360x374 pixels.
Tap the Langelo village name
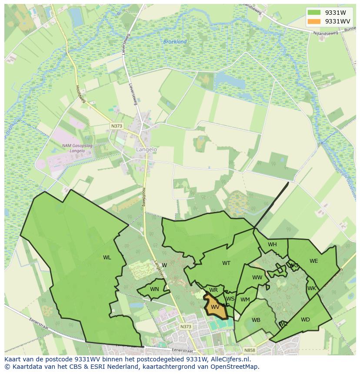(146, 149)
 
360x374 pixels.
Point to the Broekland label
(175, 42)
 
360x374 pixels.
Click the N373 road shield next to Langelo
(117, 126)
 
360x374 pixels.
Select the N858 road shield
(250, 350)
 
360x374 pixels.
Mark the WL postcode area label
(107, 258)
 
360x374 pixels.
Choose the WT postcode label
(226, 263)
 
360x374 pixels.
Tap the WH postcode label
(272, 245)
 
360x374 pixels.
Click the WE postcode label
(313, 261)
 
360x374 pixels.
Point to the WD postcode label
(305, 320)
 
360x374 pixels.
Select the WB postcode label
(256, 320)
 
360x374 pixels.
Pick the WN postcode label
(154, 289)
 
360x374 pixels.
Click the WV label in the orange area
(215, 307)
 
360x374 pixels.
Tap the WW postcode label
(257, 278)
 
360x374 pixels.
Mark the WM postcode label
(245, 299)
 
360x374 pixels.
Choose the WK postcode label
(311, 288)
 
